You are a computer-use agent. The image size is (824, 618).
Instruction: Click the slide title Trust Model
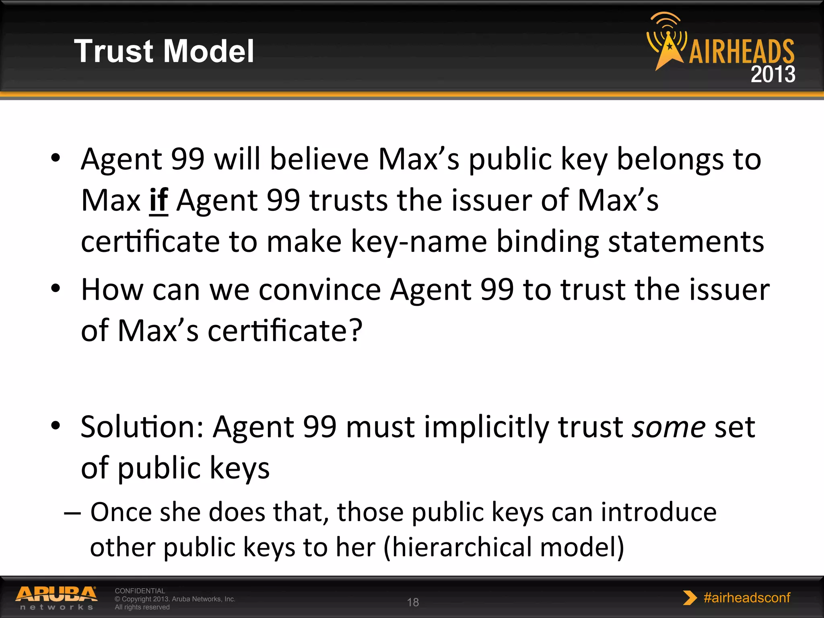[164, 51]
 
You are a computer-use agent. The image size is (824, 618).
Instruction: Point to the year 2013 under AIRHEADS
[772, 74]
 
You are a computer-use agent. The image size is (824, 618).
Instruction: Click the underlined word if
[159, 200]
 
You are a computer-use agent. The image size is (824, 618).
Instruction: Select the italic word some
[669, 427]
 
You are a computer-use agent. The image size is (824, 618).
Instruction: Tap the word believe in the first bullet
[319, 159]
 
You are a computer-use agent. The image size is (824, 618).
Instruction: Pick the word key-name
[419, 242]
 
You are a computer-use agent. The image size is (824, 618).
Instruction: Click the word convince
[319, 290]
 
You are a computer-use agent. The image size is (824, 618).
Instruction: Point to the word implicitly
[486, 427]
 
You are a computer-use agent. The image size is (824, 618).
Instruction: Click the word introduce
[659, 512]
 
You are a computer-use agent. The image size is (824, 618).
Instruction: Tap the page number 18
[413, 602]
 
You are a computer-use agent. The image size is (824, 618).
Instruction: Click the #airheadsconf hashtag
[747, 597]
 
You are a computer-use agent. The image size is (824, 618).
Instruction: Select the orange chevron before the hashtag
[690, 598]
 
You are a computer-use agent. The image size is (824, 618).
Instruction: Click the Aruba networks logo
[56, 598]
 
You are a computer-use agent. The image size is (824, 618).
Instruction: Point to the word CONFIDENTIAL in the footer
[140, 591]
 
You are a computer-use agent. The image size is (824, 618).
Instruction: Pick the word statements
[686, 242]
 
